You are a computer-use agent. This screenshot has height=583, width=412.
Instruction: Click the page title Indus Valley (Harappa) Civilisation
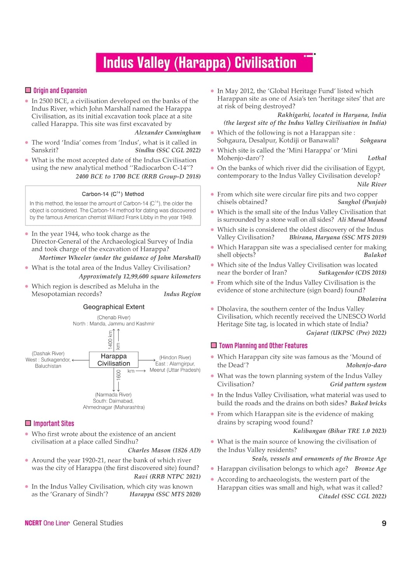[x=199, y=63]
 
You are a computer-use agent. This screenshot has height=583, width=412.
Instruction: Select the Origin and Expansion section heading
[x=60, y=91]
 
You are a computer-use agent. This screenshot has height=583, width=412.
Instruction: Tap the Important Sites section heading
[x=54, y=423]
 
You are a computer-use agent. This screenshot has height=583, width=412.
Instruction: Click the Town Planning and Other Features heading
[x=263, y=346]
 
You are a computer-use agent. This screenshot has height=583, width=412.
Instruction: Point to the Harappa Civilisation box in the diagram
[x=113, y=360]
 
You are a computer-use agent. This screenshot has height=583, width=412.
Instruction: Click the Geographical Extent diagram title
[x=113, y=307]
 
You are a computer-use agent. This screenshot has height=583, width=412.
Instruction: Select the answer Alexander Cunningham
[x=168, y=133]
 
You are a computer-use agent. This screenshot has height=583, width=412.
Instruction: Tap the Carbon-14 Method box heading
[x=113, y=194]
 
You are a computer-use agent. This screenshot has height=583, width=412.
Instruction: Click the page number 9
[x=384, y=523]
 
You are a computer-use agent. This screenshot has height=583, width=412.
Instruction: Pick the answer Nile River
[x=372, y=184]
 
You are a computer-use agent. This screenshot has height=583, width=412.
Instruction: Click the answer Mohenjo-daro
[x=366, y=365]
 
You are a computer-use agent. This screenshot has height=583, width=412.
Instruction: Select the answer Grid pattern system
[x=358, y=384]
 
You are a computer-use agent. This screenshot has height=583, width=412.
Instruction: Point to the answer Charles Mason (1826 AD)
[x=164, y=450]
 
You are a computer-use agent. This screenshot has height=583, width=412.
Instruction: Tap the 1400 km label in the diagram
[x=110, y=339]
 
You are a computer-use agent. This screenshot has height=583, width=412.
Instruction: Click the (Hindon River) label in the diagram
[x=175, y=358]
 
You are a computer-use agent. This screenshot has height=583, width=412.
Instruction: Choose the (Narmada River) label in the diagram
[x=113, y=394]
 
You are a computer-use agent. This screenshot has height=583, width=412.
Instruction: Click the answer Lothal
[x=377, y=158]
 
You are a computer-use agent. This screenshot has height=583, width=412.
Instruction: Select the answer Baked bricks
[x=368, y=403]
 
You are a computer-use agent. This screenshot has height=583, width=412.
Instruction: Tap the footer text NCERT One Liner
[x=47, y=523]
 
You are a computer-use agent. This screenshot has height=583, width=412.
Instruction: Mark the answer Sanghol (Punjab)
[x=362, y=202]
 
